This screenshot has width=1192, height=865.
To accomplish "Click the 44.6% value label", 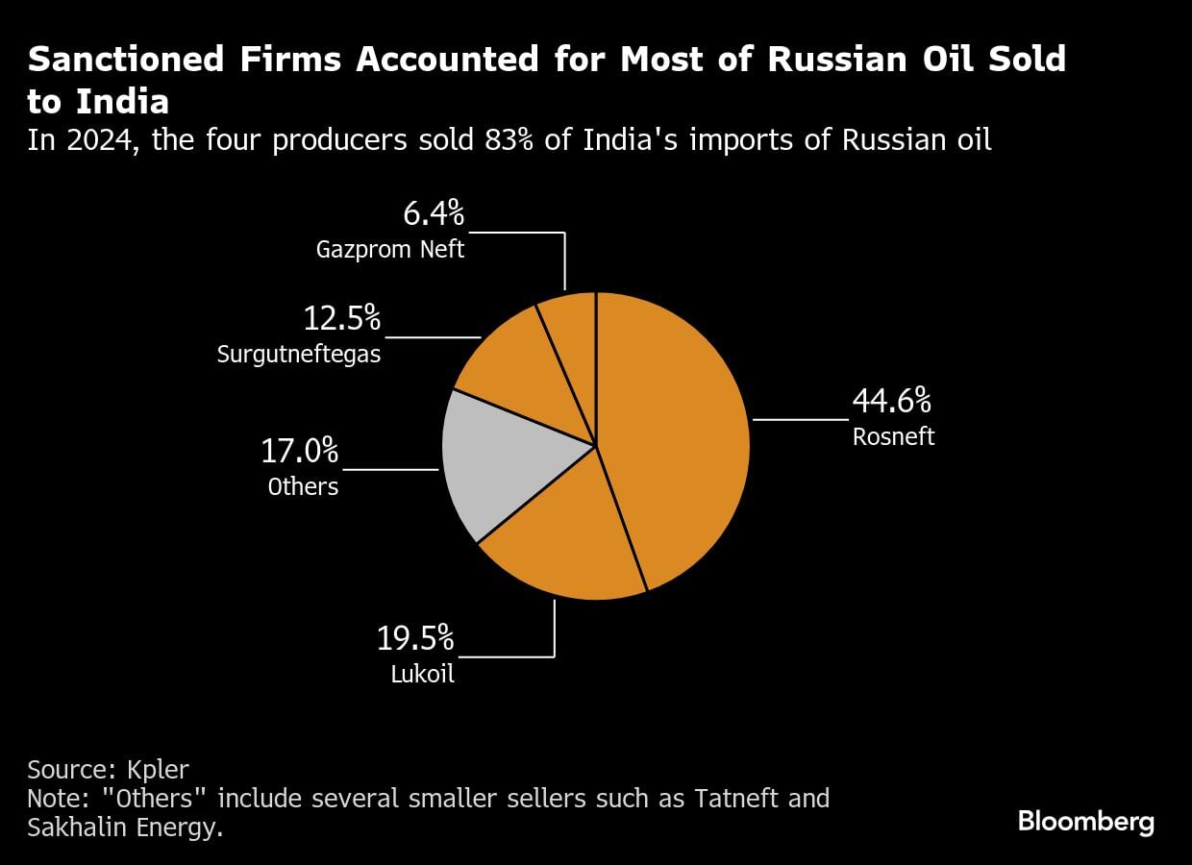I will pos(891,401).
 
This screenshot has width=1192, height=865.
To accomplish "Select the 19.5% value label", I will pos(415,637).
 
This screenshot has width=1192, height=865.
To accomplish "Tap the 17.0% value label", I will pos(300,451).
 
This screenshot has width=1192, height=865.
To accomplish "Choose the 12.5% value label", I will pos(342,317).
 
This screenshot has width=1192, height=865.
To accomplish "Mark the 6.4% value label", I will pos(429,212).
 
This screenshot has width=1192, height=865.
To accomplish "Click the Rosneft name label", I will pos(893,436).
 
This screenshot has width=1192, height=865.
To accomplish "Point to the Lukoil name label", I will pos(422,674).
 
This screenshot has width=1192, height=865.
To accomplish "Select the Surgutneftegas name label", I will pos(299,354).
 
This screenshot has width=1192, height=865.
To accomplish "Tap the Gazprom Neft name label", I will pos(390,250).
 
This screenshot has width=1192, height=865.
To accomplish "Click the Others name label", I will pos(303,486).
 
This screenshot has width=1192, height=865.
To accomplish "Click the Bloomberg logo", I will pos(1085,823).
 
